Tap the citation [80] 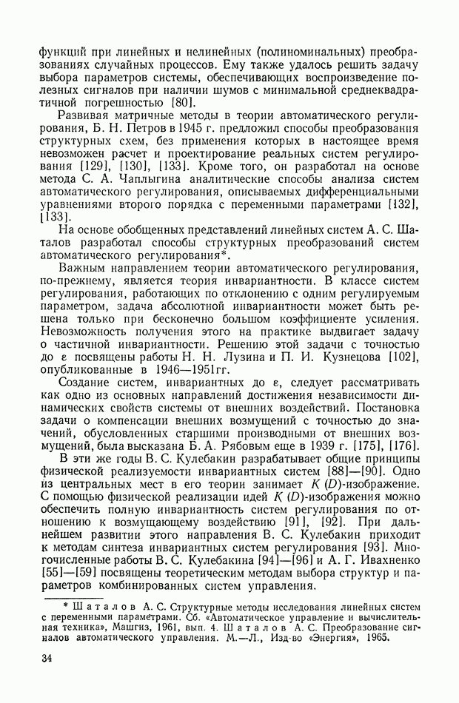click(x=184, y=102)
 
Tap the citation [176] click(x=401, y=443)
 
